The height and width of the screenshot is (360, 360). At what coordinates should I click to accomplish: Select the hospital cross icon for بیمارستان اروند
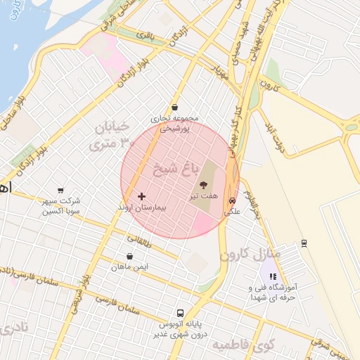[142, 196]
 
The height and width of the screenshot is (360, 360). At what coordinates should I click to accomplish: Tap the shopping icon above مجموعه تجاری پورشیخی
[174, 108]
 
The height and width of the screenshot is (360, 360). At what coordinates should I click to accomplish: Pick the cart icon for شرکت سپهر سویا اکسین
[60, 190]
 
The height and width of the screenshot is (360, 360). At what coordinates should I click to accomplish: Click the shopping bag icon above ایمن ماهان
[129, 257]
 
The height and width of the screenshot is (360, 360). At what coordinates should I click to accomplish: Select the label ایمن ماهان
[129, 268]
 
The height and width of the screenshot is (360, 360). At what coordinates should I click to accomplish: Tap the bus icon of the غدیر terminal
[181, 313]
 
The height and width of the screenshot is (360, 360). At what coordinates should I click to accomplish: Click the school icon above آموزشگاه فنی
[274, 276]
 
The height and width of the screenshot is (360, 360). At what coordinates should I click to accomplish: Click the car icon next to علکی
[232, 200]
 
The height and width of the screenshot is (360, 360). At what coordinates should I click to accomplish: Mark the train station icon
[304, 243]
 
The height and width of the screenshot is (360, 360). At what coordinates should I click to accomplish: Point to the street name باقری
[145, 33]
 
